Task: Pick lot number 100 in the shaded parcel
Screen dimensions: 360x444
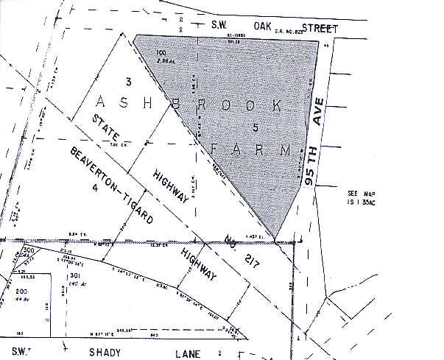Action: pos(161,53)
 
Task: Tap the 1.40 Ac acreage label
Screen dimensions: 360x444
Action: pos(73,283)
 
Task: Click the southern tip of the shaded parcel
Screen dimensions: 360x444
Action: pos(274,240)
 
